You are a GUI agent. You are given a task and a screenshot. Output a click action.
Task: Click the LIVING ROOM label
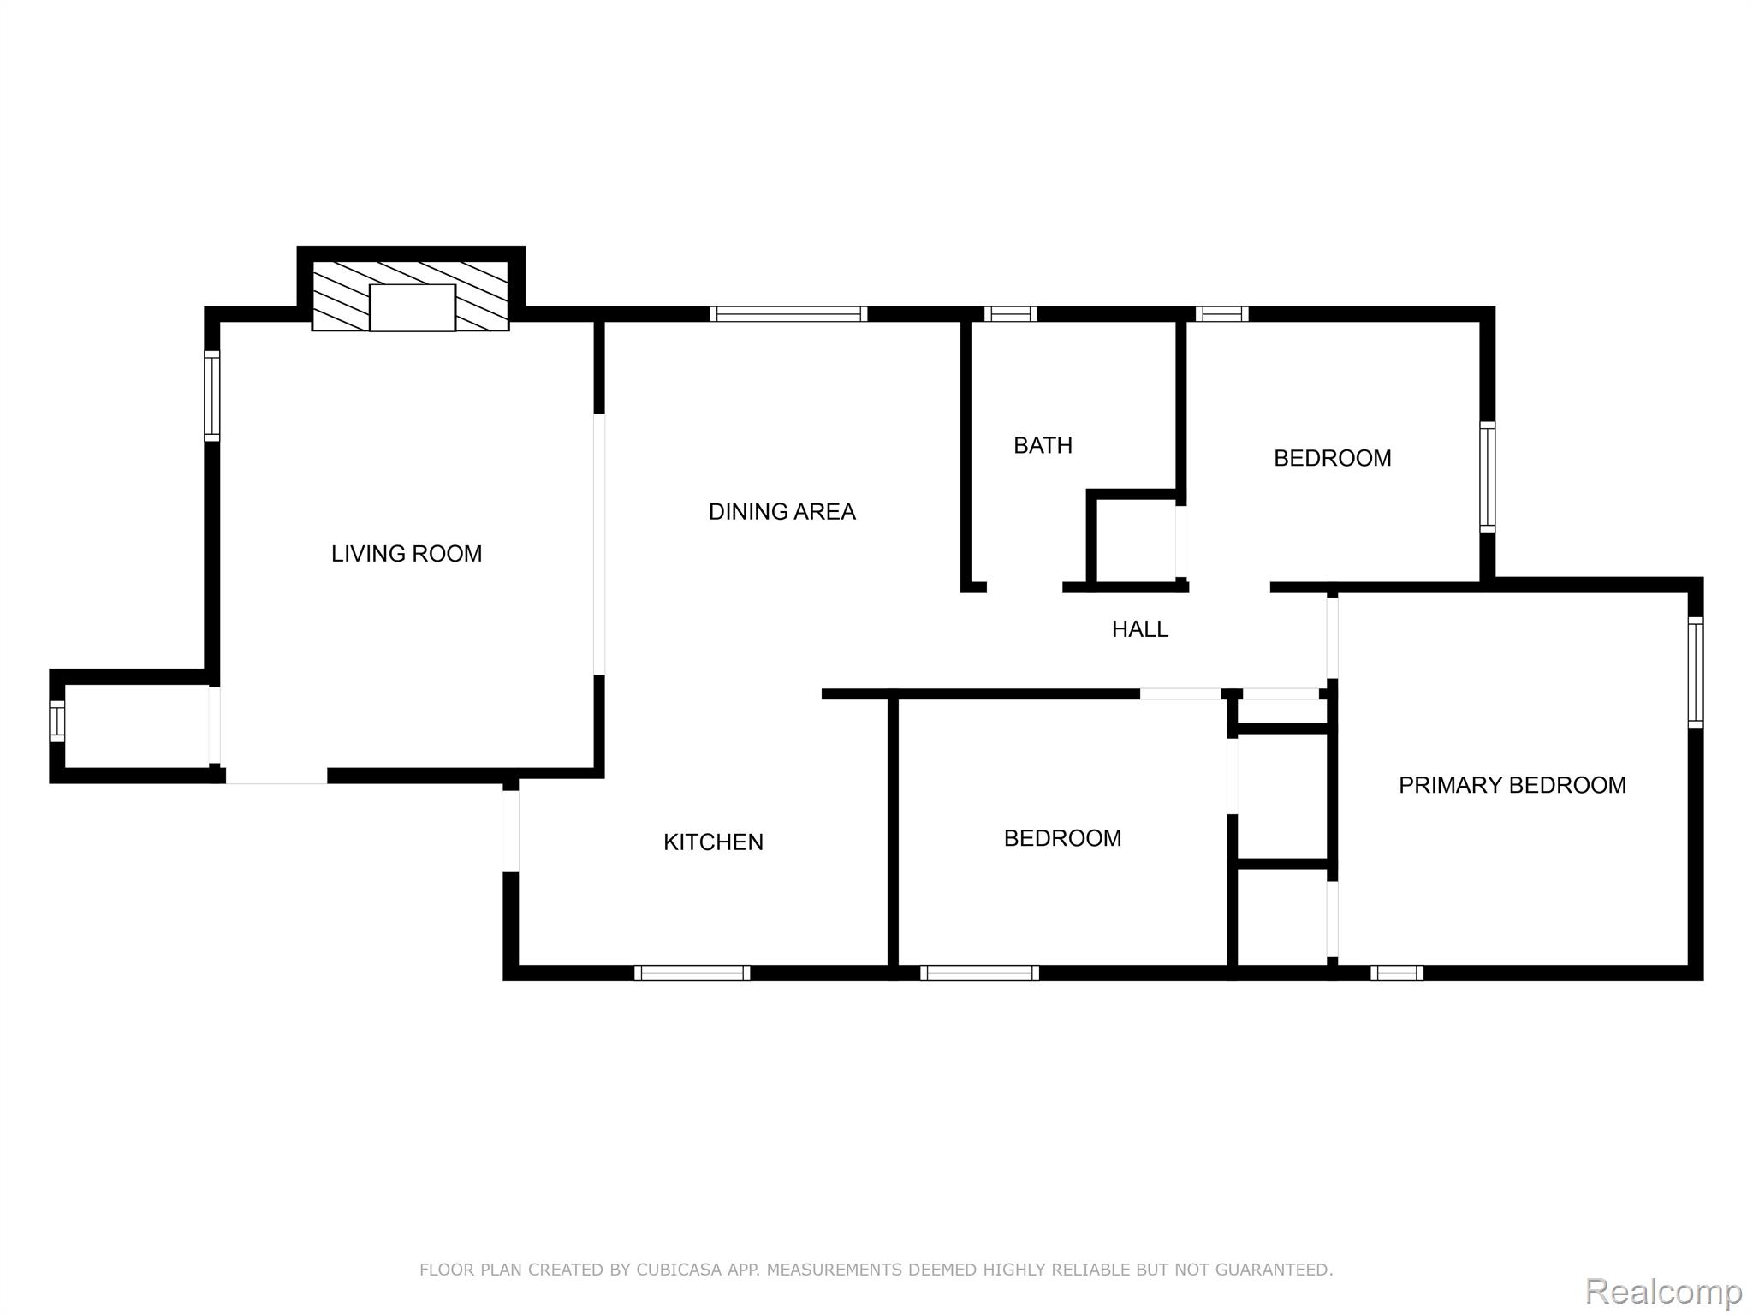point(407,554)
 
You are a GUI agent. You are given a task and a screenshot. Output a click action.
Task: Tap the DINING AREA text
point(782,512)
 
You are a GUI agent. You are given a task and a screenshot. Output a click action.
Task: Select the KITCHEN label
point(713,842)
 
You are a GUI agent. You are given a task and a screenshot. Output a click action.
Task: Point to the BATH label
point(1043,445)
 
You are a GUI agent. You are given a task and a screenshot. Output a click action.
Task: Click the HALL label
point(1140,629)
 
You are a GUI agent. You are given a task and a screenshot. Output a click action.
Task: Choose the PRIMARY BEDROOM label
point(1512,785)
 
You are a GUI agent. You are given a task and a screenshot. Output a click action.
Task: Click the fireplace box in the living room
point(412,307)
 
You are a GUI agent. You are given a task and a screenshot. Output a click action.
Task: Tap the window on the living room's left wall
point(212,396)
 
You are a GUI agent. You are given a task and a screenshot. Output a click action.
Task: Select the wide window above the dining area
point(788,314)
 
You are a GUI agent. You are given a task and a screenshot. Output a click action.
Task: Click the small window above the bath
point(1010,314)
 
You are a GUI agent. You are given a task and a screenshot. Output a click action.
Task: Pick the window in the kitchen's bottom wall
point(692,973)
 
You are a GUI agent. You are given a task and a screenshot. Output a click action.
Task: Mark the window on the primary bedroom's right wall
point(1696,672)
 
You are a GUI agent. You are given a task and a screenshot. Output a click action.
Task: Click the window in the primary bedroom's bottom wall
point(1397,973)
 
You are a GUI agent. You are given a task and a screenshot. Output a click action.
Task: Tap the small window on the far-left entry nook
point(57,722)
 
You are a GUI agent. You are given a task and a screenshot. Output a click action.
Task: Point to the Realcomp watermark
point(1663,1290)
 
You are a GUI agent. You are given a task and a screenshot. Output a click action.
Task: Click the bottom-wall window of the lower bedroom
point(979,973)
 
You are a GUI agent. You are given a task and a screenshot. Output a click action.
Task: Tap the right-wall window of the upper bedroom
point(1488,477)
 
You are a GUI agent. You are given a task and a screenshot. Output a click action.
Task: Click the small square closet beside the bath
point(1135,541)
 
